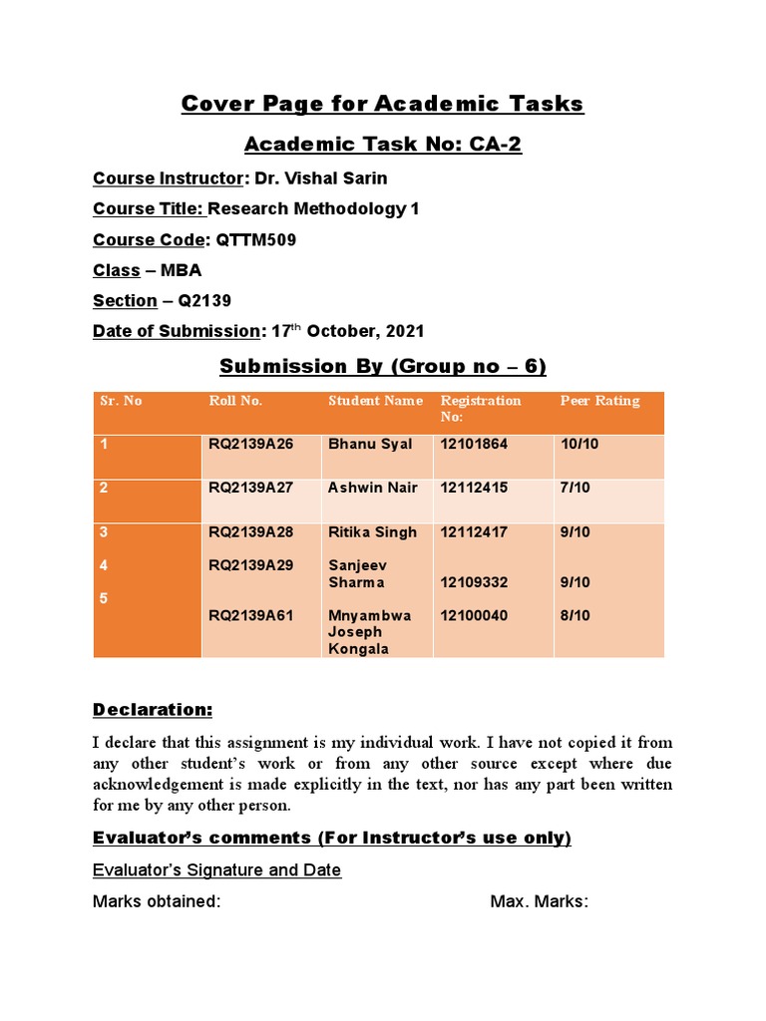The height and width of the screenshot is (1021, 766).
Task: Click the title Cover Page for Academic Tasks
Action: [382, 104]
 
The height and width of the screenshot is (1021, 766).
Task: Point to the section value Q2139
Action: [204, 301]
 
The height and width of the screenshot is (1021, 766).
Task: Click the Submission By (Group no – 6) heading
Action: [382, 366]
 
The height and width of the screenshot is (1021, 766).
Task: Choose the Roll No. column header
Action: [235, 401]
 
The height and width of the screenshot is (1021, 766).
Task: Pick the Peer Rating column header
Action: [599, 401]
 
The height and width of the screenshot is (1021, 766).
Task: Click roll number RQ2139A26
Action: [250, 444]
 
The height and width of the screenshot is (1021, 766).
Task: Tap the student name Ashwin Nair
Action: [373, 488]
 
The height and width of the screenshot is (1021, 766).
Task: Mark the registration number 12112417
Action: [474, 532]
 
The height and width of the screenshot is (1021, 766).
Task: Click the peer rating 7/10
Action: [574, 488]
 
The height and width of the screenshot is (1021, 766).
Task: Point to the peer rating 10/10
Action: [578, 444]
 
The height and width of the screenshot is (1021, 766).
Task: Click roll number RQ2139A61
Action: [250, 616]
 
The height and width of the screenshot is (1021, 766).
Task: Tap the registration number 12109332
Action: [474, 582]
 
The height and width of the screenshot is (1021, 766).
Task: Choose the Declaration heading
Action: [153, 710]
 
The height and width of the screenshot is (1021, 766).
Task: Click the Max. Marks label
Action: [539, 902]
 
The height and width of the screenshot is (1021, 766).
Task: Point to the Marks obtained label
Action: [157, 902]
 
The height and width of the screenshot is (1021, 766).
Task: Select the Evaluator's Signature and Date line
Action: [216, 870]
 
